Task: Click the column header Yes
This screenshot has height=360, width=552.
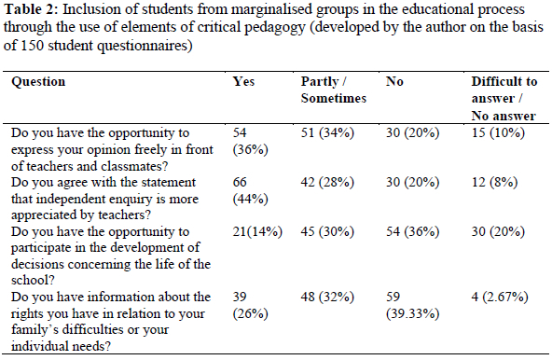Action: coord(243,81)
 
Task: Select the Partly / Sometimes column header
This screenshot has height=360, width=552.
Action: coord(334,90)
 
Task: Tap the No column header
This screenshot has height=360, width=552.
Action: coord(394,81)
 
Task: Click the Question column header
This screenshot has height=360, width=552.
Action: coord(38,82)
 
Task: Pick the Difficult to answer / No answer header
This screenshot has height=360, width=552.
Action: coord(504,99)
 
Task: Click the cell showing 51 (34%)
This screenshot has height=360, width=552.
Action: coord(327,132)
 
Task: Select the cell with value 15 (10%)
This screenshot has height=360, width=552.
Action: coord(498,132)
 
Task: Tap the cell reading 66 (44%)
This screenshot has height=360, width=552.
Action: coord(250,190)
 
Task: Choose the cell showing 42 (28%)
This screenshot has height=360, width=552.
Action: coord(327,183)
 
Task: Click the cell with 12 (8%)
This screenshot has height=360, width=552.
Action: coord(494,183)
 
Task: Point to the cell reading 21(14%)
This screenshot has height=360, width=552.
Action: coord(257,232)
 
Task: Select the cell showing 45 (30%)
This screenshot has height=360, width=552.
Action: coord(327,232)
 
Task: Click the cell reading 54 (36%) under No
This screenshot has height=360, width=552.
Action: coord(412,232)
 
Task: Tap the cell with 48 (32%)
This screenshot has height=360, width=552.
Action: coord(327,297)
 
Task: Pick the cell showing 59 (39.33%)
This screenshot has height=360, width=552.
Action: coord(412,305)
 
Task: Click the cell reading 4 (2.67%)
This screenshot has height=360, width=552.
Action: coord(500,297)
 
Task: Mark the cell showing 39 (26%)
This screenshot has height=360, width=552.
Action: coord(250,305)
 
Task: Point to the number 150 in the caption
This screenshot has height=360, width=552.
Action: coord(33,46)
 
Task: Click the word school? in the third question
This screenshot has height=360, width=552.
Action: coord(33,281)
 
